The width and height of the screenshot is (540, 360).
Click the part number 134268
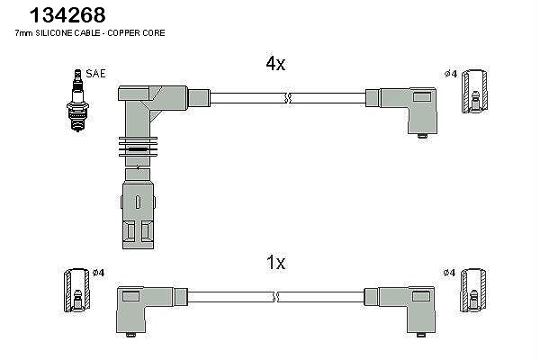click(67, 15)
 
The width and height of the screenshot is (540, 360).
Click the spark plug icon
click(77, 100)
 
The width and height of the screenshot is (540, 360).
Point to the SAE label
click(95, 74)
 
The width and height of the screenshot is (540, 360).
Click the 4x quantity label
click(275, 64)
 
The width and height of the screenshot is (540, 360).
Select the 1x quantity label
click(275, 263)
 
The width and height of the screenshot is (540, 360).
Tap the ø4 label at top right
click(451, 74)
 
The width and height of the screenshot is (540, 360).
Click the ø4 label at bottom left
click(98, 273)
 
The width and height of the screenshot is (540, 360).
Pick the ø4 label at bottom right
click(449, 273)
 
